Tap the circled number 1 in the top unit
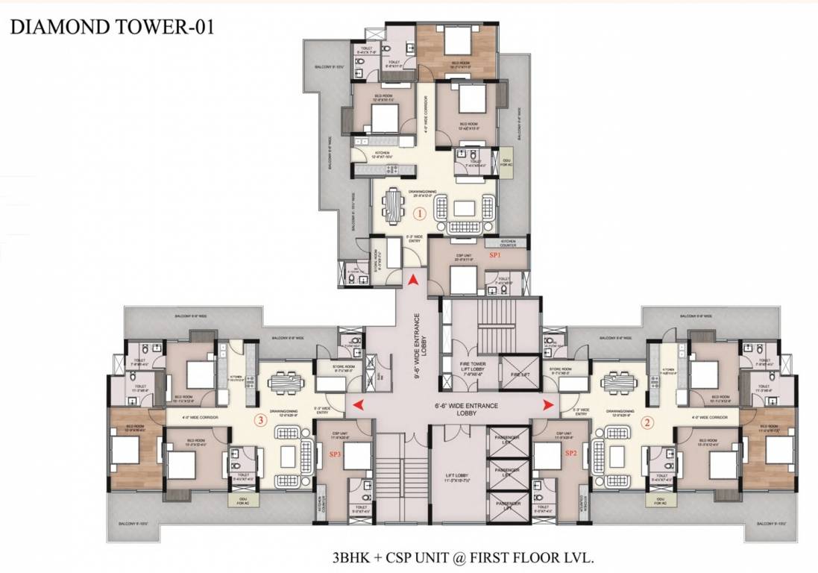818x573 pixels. pos(419,213)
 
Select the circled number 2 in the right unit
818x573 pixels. pos(647,421)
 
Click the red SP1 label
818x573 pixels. pos(494,254)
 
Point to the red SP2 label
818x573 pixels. pos(571,453)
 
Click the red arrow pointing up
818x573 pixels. pos(412,280)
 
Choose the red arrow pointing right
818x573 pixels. pos(549,404)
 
